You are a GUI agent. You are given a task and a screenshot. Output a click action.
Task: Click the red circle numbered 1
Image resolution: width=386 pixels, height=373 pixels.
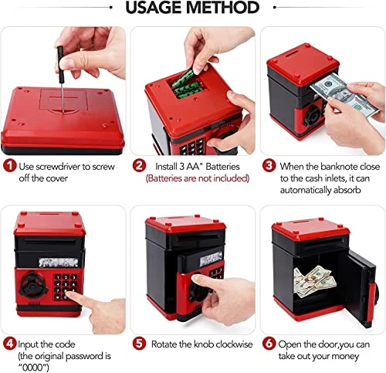point(10,165)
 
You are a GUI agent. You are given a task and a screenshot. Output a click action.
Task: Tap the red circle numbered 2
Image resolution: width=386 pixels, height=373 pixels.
point(139,165)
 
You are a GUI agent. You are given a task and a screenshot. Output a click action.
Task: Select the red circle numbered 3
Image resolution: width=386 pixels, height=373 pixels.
point(269,165)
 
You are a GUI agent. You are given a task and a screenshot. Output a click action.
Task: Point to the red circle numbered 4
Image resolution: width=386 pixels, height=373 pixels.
point(10,344)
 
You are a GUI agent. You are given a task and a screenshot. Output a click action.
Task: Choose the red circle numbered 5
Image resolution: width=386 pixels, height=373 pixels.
point(139,344)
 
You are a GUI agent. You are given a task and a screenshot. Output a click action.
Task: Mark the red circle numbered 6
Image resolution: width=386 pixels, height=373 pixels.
point(269,344)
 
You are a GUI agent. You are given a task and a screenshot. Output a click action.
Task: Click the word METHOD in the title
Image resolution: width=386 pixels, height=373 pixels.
point(222,7)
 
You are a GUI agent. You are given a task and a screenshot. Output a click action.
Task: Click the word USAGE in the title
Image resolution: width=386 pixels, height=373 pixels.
point(154,7)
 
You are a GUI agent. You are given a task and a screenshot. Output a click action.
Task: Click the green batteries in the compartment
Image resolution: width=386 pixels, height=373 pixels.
point(185,83)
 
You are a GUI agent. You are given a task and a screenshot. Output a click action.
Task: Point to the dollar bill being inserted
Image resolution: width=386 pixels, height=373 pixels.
point(344,94)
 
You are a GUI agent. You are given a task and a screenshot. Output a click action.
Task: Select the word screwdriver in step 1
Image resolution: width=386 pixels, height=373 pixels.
point(58,167)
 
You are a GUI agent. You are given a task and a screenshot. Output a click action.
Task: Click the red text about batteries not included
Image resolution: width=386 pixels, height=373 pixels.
point(198,178)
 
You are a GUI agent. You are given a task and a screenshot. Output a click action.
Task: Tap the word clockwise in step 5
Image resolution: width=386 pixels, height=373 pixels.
point(234,344)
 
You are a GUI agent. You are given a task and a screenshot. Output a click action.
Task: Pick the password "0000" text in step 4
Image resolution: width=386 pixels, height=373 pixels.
point(33,368)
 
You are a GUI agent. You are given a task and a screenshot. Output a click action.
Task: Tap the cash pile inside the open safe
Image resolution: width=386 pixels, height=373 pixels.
point(315,281)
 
